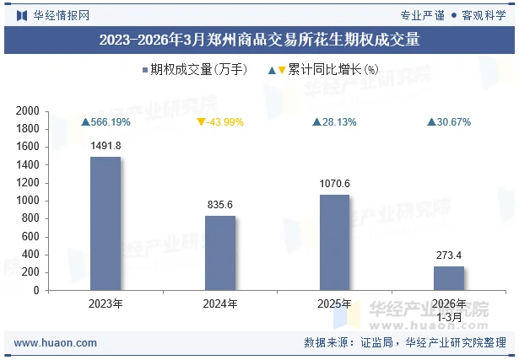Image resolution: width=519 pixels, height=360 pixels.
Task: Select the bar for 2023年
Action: (x=105, y=223)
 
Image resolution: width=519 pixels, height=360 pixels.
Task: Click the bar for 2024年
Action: (x=220, y=253)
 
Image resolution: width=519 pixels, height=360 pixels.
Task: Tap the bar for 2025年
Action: (x=334, y=242)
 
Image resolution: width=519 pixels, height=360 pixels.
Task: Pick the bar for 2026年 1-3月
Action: (x=449, y=277)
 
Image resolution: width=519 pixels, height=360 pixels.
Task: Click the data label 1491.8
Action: (x=105, y=146)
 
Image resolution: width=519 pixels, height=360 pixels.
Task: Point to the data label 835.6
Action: (x=220, y=205)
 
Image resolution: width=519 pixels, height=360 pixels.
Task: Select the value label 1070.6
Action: (x=334, y=184)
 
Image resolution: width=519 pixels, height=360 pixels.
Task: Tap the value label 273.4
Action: (x=449, y=255)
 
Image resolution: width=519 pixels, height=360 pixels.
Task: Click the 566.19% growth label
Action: (x=105, y=122)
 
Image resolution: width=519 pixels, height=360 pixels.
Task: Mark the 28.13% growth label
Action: (x=334, y=122)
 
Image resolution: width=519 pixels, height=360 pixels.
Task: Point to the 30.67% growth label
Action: (x=449, y=122)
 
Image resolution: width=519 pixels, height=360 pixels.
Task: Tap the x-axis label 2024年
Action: (x=220, y=304)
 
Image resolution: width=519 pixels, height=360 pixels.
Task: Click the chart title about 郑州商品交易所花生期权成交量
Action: (x=259, y=40)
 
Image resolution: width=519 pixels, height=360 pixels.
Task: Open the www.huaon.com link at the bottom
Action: (x=56, y=343)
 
